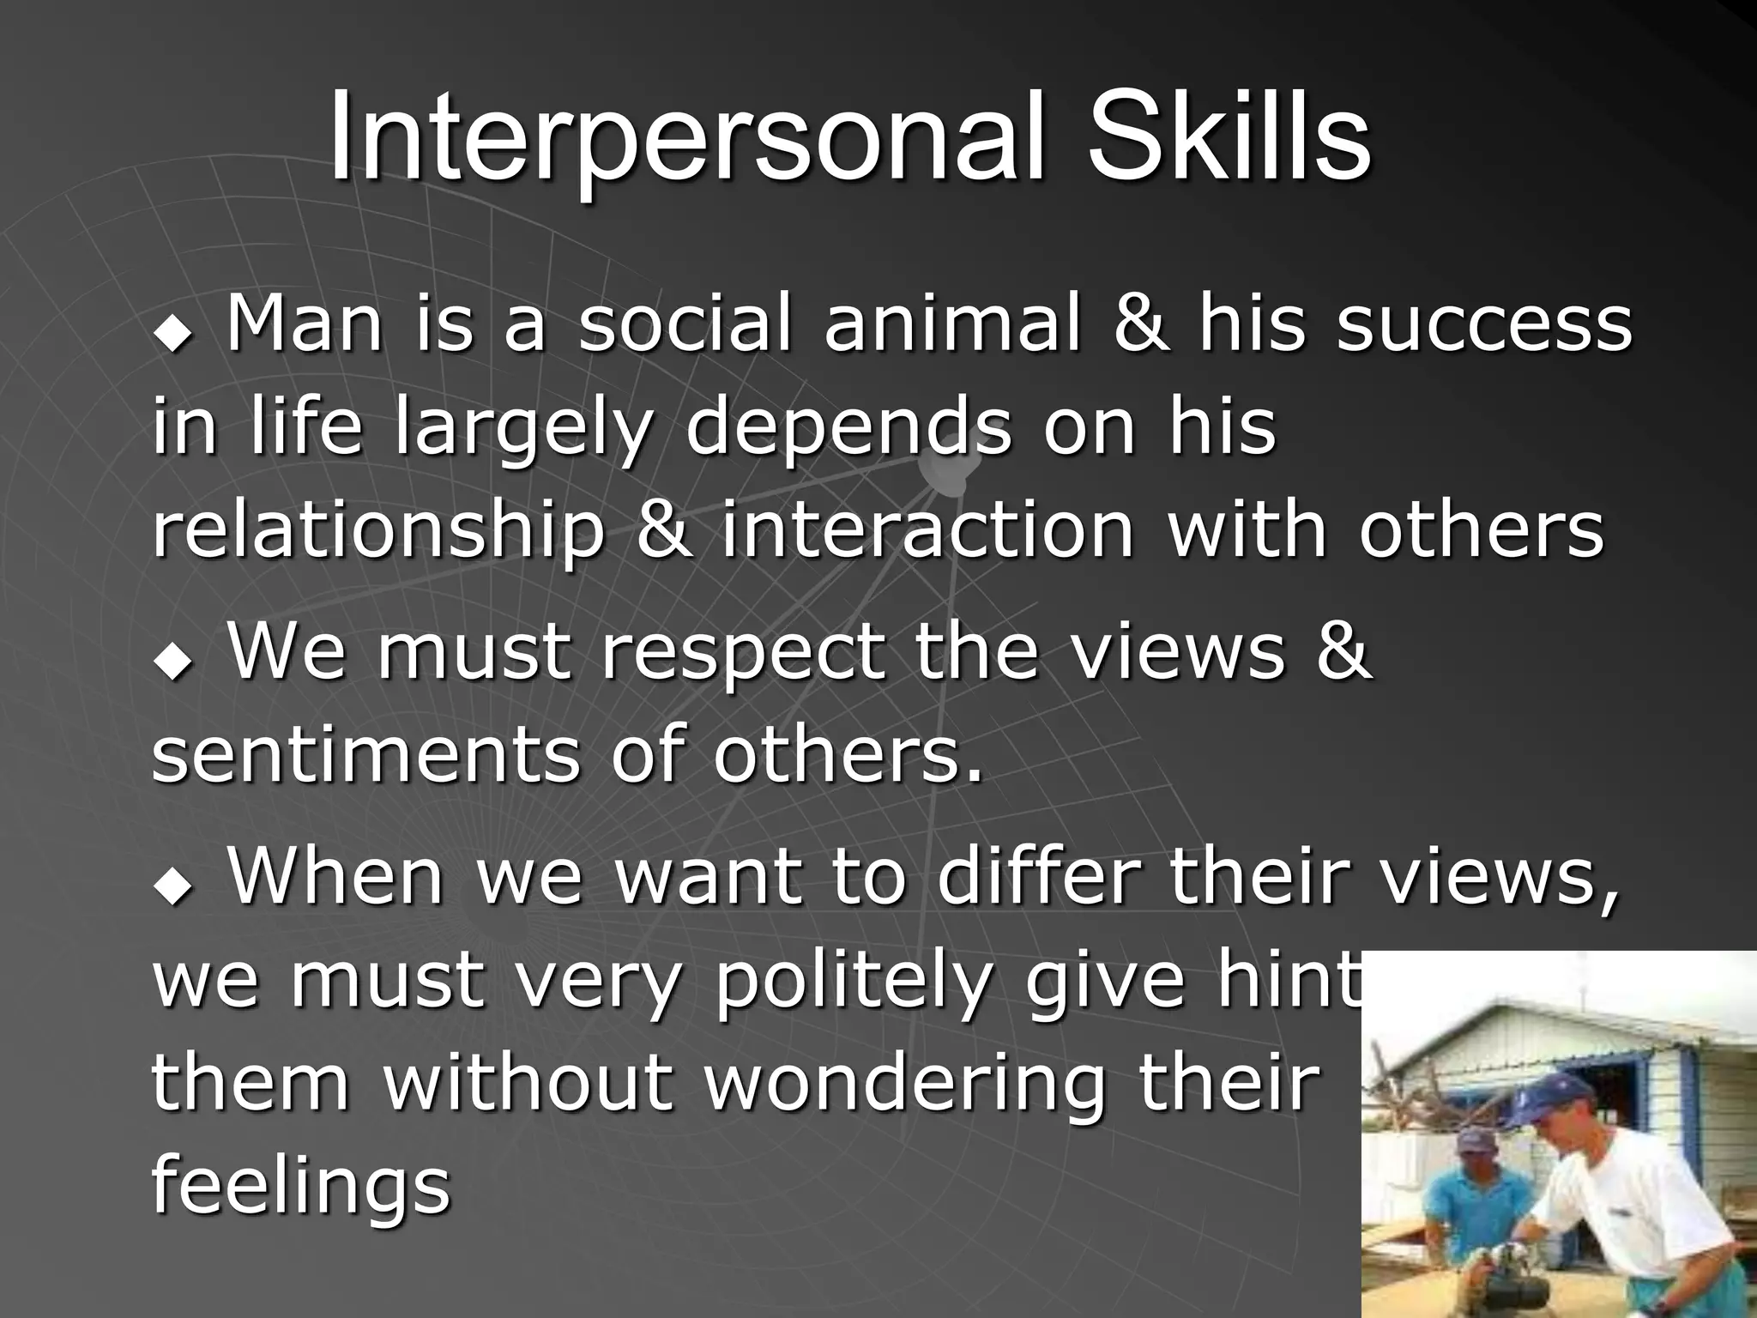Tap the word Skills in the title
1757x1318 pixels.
coord(1229,137)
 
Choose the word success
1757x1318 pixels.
coord(1484,326)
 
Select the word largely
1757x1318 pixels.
coord(523,429)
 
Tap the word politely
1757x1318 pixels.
coord(853,982)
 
